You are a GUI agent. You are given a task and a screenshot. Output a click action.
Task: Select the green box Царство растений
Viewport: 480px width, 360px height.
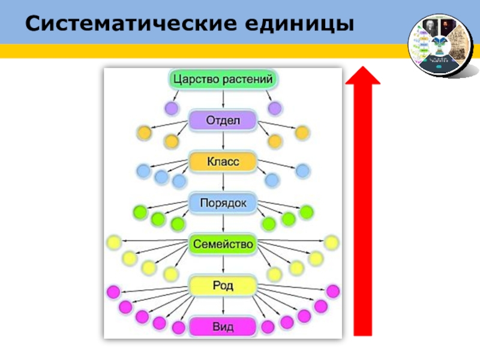click(x=223, y=79)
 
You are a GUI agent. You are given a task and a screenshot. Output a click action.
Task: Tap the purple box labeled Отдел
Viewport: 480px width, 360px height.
click(x=223, y=121)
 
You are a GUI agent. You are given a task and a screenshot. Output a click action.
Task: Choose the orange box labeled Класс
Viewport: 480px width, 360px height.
click(x=223, y=162)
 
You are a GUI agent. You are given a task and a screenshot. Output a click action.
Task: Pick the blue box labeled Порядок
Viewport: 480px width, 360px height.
click(x=223, y=203)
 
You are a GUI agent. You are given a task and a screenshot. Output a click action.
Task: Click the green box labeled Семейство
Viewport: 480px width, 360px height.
click(x=223, y=245)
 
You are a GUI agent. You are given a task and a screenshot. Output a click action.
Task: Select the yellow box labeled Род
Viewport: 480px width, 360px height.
click(x=223, y=286)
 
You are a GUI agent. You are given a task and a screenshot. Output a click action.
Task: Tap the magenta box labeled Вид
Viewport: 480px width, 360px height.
click(x=223, y=327)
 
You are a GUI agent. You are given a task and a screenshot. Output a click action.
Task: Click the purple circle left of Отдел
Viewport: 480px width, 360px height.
click(x=172, y=108)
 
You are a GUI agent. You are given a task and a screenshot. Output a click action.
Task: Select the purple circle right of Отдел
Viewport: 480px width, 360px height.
click(x=275, y=108)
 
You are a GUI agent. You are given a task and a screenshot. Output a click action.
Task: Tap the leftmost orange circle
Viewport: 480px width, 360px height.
click(x=144, y=132)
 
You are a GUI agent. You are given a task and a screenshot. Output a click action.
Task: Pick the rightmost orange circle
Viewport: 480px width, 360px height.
click(x=302, y=132)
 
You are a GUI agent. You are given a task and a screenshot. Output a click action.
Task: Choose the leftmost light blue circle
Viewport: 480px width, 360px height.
click(x=143, y=171)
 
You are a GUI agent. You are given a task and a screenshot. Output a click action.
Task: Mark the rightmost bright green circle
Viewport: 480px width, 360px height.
click(x=307, y=212)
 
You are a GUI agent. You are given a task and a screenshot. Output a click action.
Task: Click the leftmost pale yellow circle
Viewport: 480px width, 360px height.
click(x=113, y=243)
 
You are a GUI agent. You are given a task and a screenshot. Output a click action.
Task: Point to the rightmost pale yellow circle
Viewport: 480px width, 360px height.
click(x=332, y=243)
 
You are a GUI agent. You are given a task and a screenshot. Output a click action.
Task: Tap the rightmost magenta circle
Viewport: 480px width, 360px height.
click(x=333, y=292)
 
